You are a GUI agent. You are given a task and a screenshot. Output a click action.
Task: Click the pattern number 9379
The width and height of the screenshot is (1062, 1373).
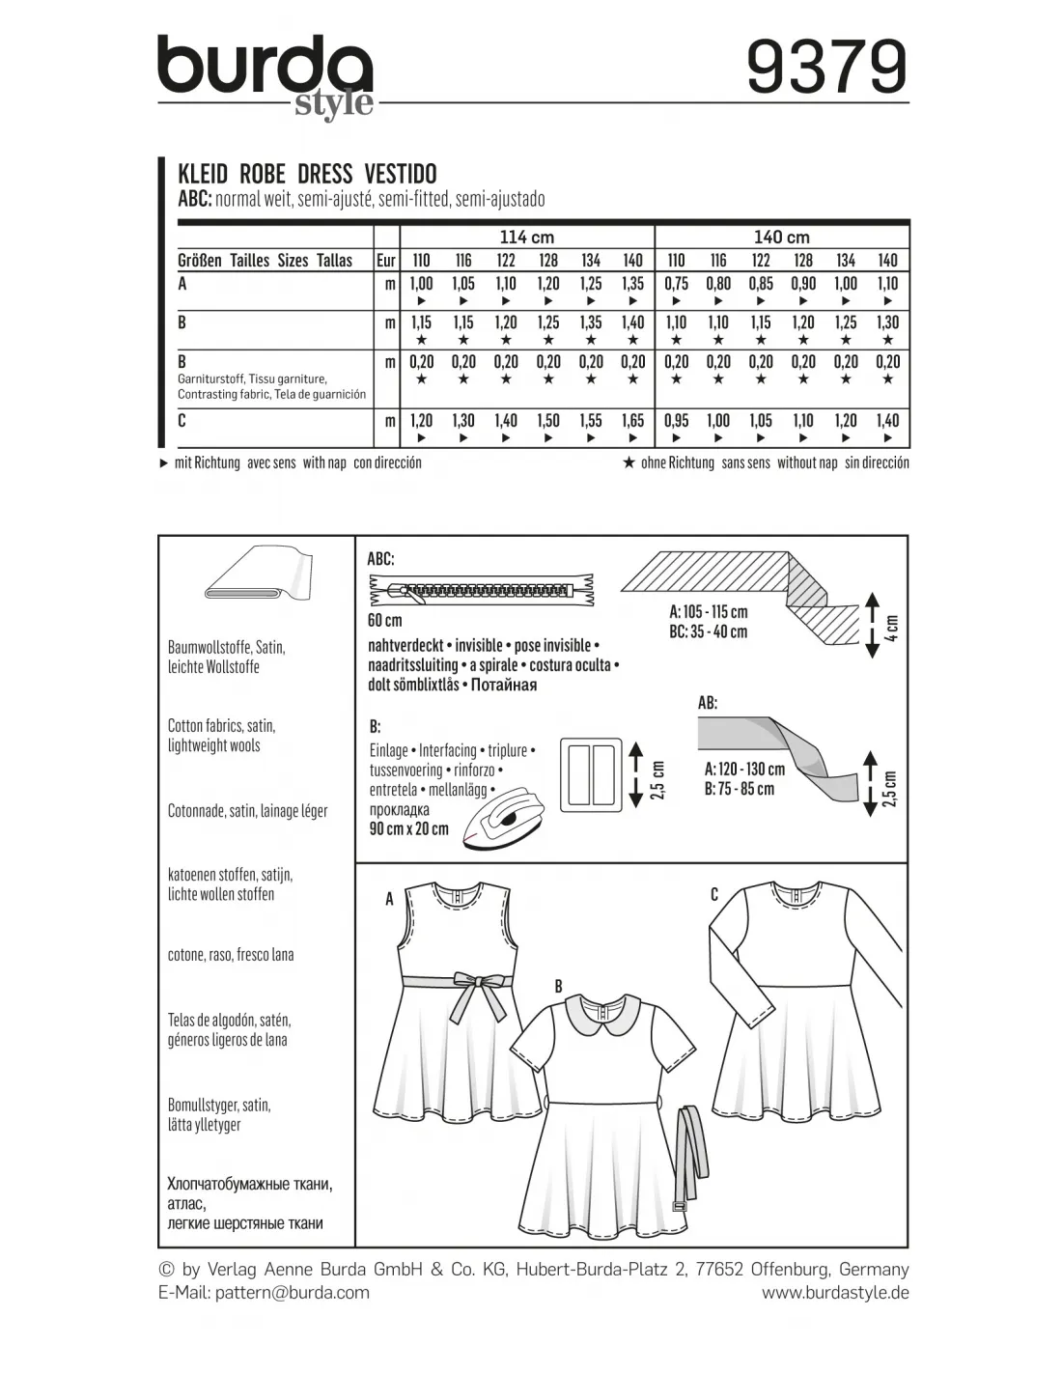pos(826,67)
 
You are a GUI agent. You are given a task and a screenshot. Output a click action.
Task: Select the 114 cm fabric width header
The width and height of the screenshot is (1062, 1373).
pos(527,238)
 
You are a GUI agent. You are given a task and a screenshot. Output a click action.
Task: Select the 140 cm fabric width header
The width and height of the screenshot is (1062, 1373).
pos(782,238)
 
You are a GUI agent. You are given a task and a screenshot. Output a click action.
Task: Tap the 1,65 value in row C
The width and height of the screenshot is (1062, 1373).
pos(632,421)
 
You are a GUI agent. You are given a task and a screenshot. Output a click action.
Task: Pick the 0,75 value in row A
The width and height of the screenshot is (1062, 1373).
pos(676,284)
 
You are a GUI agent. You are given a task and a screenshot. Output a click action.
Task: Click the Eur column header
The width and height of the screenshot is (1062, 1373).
pos(386,261)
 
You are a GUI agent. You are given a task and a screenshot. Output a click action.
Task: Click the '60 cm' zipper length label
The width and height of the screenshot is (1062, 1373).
pos(385,620)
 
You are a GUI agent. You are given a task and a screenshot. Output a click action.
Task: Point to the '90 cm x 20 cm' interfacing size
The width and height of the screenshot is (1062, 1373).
pos(409,828)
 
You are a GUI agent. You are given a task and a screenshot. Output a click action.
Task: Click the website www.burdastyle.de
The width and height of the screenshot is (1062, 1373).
pos(835,1293)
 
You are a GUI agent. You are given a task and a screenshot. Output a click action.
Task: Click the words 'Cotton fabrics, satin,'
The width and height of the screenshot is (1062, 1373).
pos(221,725)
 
